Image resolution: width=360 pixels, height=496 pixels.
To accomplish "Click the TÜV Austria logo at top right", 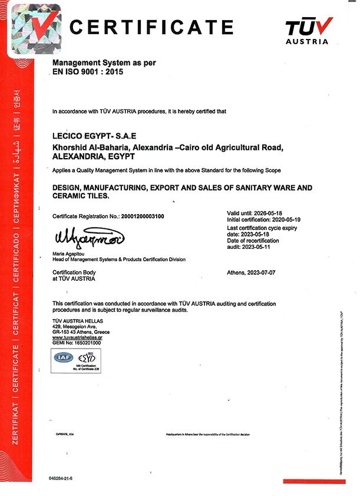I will coord(309,31).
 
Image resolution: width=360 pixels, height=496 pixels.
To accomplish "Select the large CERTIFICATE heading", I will coord(152,27).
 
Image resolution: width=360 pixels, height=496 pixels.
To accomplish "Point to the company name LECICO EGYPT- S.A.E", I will coord(95,136).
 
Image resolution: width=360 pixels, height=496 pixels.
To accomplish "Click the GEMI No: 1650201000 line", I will coord(77,343).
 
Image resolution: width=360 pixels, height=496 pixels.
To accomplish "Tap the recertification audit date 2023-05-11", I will coord(261,247).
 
